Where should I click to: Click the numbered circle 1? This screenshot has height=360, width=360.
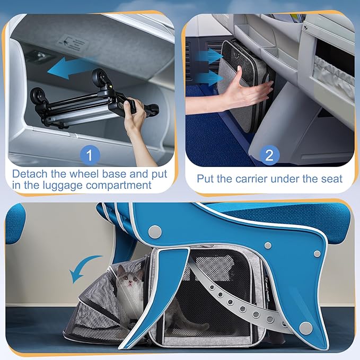90,155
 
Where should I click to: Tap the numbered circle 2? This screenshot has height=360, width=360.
269,155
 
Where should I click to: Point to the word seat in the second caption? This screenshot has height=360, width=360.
332,179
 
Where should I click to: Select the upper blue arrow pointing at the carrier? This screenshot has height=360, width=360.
209,56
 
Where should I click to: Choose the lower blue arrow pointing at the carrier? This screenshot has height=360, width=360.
209,78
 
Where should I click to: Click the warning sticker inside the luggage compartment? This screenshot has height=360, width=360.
73,43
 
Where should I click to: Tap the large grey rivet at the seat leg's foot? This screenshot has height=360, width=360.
306,328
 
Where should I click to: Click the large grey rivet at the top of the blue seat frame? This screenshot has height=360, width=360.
155,232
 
